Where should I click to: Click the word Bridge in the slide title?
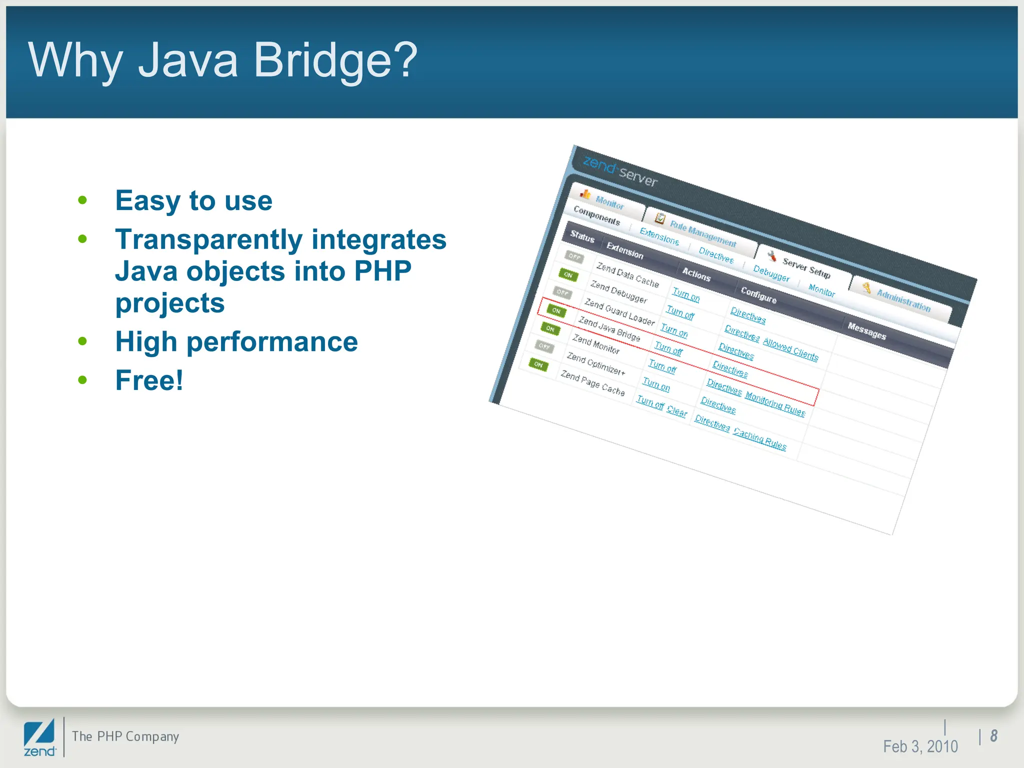(322, 60)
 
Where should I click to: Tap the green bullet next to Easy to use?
(82, 201)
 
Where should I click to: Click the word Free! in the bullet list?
(149, 380)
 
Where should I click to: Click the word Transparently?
(208, 239)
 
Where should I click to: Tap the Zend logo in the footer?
(39, 738)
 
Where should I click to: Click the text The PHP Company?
(125, 736)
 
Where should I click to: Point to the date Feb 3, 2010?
(920, 746)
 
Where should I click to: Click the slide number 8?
(993, 735)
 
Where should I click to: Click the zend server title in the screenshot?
(620, 171)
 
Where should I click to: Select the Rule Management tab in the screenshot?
(702, 234)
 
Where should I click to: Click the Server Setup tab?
(806, 268)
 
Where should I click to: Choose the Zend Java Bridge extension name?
(609, 329)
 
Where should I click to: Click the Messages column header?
(866, 331)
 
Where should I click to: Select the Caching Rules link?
(759, 439)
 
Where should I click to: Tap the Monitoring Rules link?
(775, 403)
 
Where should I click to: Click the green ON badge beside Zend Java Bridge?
(556, 310)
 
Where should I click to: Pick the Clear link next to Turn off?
(677, 411)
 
